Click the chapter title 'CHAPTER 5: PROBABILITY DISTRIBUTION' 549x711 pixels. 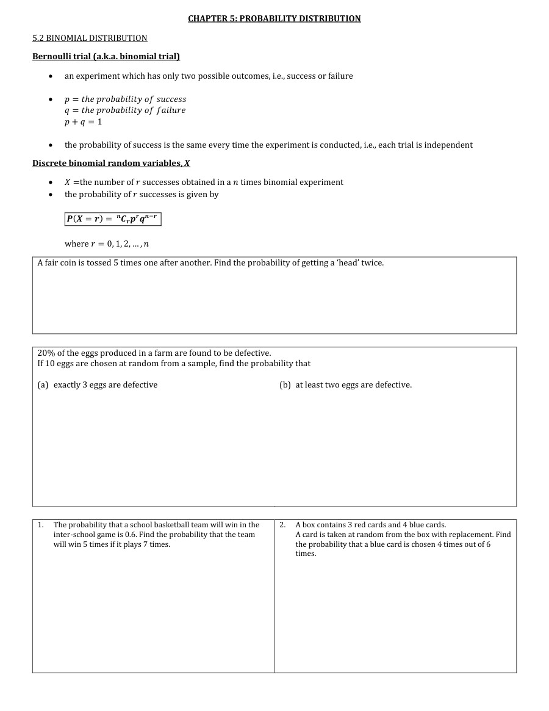(274, 18)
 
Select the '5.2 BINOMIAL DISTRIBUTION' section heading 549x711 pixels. (90, 38)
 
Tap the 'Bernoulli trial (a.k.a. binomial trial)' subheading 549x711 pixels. (106, 57)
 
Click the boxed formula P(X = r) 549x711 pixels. (113, 218)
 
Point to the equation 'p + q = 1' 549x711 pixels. (84, 121)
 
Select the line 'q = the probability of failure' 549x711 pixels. (125, 110)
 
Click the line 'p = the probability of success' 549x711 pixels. (126, 99)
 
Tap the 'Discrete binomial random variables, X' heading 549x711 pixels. (111, 163)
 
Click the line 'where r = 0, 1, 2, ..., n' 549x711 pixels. (107, 244)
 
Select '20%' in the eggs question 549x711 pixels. (46, 353)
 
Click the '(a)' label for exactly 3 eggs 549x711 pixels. (43, 384)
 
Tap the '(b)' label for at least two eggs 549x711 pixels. (285, 384)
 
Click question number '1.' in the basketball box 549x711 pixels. (40, 525)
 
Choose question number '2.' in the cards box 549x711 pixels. (282, 525)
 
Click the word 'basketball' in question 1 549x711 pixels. (172, 525)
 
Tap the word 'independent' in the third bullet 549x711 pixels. (450, 145)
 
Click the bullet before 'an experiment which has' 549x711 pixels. (51, 76)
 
